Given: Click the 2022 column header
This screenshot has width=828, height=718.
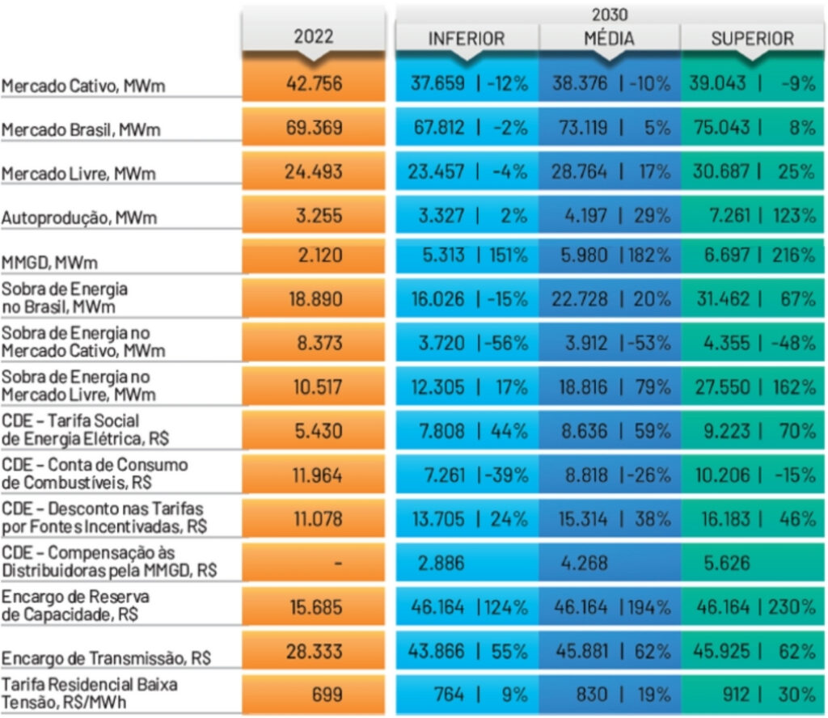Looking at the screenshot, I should point(313,38).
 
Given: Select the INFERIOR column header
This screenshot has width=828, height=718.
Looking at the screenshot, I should point(466,39).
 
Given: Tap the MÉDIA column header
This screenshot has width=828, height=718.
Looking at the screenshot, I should point(609,39).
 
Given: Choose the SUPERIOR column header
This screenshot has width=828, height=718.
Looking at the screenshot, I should point(752,39).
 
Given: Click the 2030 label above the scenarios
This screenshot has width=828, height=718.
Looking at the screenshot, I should point(609,14).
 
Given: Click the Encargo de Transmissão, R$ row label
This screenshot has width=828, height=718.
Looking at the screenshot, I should point(106,658).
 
